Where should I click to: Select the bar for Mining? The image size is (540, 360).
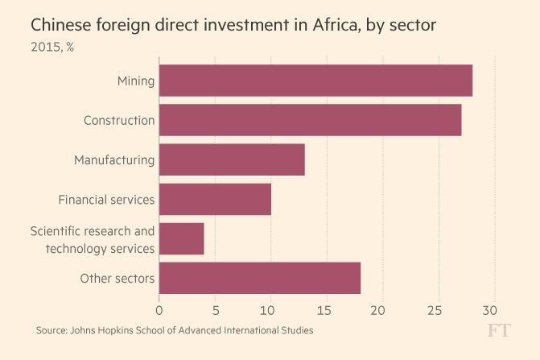315,81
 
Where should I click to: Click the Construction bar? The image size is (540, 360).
310,120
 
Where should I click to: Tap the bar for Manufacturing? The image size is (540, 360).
232,159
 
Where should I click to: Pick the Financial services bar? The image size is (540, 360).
215,199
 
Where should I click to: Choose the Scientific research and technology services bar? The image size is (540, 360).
182,238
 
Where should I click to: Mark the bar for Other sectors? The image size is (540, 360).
260,279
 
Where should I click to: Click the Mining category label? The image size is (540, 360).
135,81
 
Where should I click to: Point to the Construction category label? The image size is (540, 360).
119,120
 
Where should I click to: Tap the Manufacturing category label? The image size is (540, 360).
114,159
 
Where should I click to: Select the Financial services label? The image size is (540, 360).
106,199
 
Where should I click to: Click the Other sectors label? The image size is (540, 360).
117,279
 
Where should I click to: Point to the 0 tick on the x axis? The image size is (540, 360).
159,309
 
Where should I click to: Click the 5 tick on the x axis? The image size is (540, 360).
215,309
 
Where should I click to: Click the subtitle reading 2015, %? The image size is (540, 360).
52,47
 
